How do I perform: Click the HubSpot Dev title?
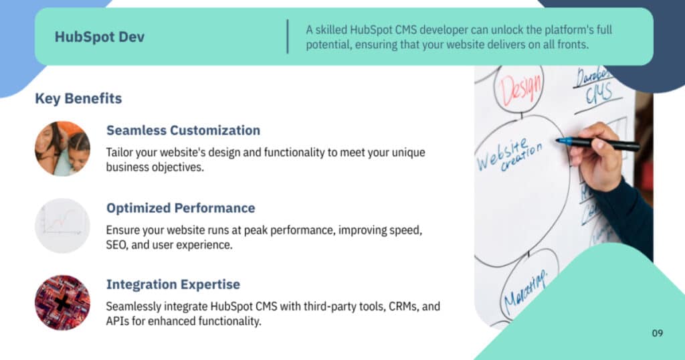[x=100, y=37]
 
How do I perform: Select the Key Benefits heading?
[x=79, y=99]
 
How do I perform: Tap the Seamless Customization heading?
[x=183, y=130]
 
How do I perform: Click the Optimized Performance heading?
[x=181, y=208]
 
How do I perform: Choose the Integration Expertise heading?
[x=173, y=284]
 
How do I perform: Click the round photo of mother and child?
[x=62, y=149]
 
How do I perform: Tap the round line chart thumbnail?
[x=62, y=226]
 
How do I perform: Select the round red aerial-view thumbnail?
[x=62, y=302]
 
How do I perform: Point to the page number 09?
[x=658, y=333]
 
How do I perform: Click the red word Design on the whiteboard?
[x=520, y=89]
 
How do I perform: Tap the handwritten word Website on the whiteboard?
[x=502, y=155]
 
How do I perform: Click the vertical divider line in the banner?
[x=288, y=37]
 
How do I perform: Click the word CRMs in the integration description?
[x=400, y=306]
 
